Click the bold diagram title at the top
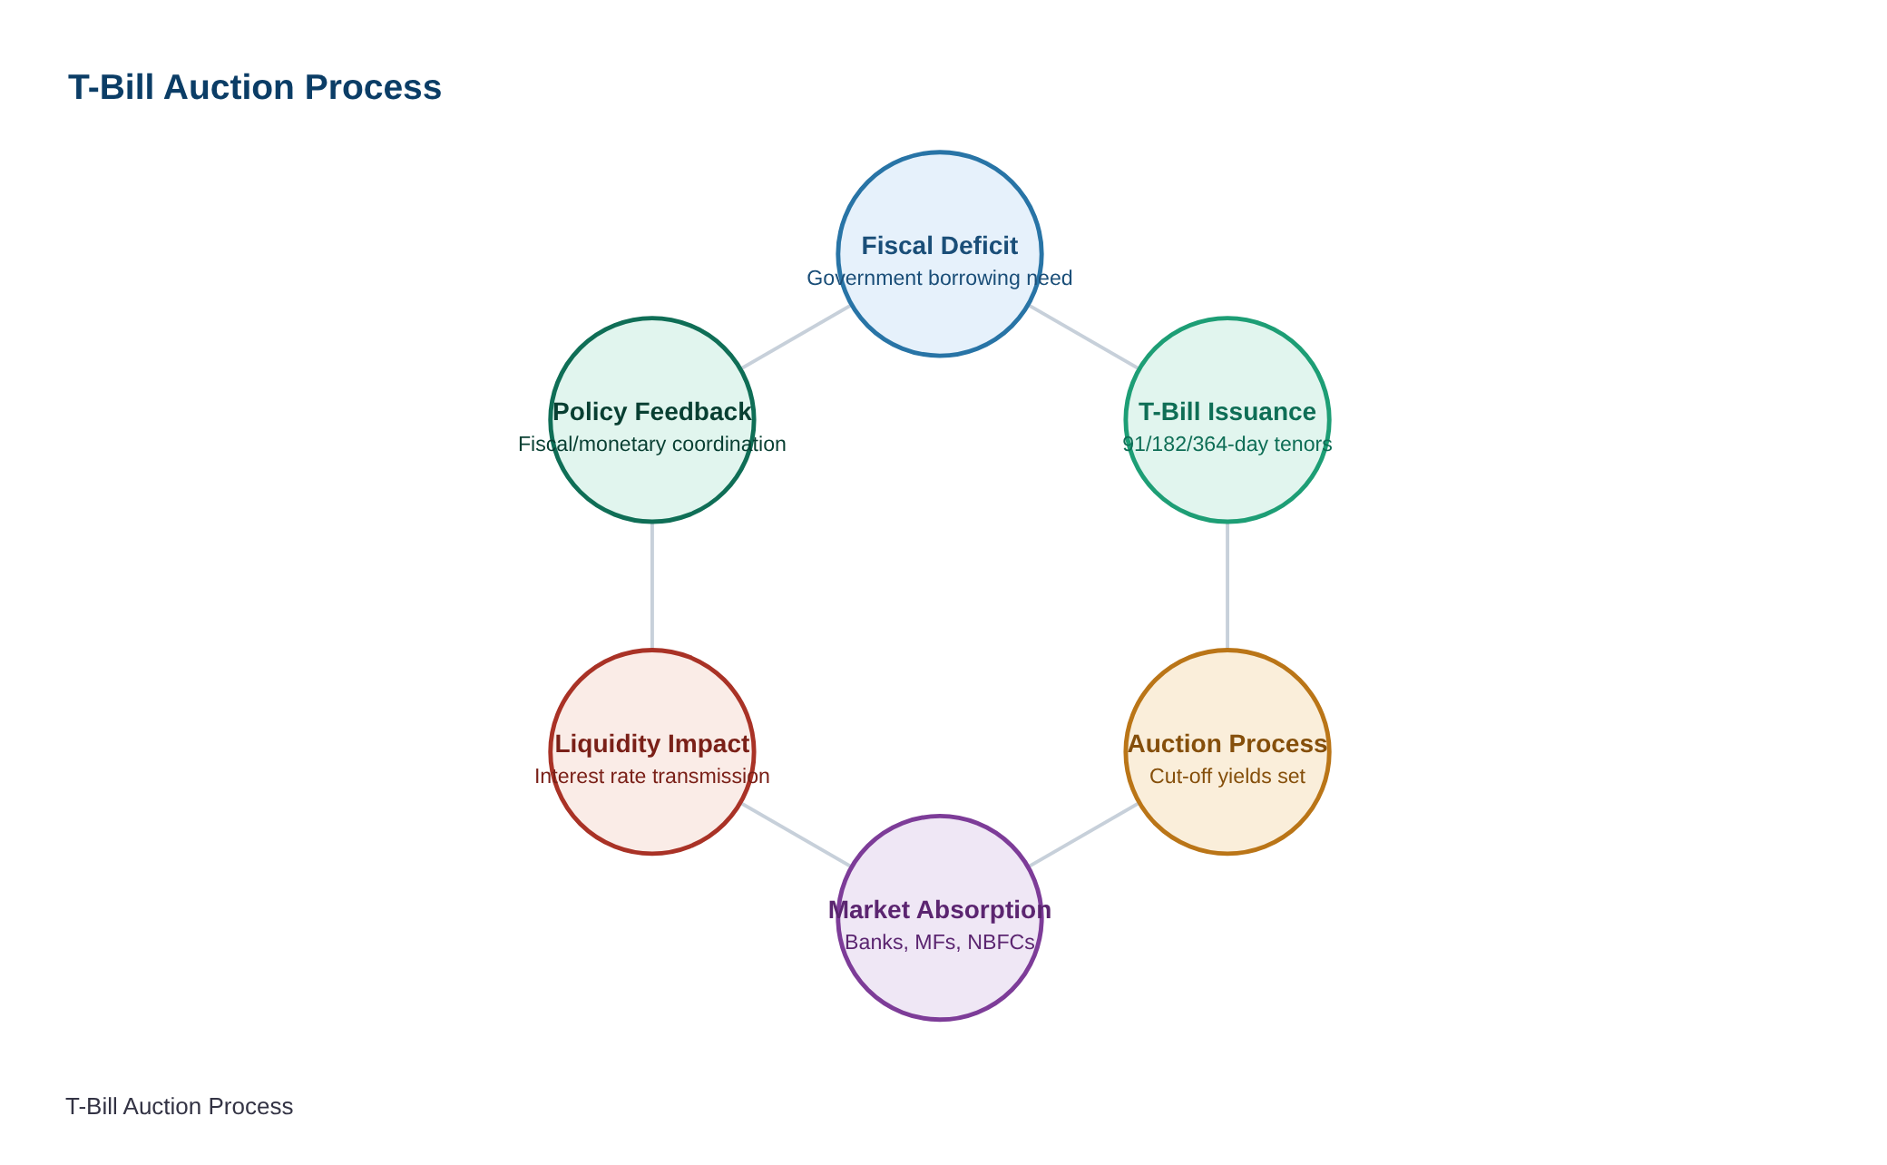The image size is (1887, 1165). click(x=255, y=88)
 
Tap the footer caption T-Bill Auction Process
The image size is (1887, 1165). click(x=180, y=1107)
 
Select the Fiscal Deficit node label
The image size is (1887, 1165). click(x=940, y=246)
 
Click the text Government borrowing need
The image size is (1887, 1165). click(x=940, y=278)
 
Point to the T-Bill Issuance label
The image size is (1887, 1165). click(x=1227, y=412)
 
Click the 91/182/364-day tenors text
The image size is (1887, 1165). click(x=1227, y=445)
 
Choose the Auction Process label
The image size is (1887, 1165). click(x=1227, y=744)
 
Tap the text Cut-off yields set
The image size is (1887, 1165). click(x=1227, y=777)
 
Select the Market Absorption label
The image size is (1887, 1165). click(x=940, y=910)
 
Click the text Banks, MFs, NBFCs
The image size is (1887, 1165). click(x=940, y=943)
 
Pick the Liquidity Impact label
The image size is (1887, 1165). click(x=652, y=744)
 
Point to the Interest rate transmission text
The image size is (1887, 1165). click(x=652, y=777)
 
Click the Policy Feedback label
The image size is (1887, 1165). click(x=652, y=412)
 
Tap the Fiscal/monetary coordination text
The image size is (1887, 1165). click(x=652, y=445)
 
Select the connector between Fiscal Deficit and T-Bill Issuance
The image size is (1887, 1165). click(x=1084, y=338)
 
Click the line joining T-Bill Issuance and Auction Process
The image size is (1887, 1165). click(x=1227, y=586)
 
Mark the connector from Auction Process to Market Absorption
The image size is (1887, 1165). click(x=1084, y=835)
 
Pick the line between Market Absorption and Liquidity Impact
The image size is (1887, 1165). click(x=797, y=835)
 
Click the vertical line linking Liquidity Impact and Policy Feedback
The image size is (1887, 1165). click(x=652, y=586)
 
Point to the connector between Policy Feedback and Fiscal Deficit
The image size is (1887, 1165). click(x=797, y=338)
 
